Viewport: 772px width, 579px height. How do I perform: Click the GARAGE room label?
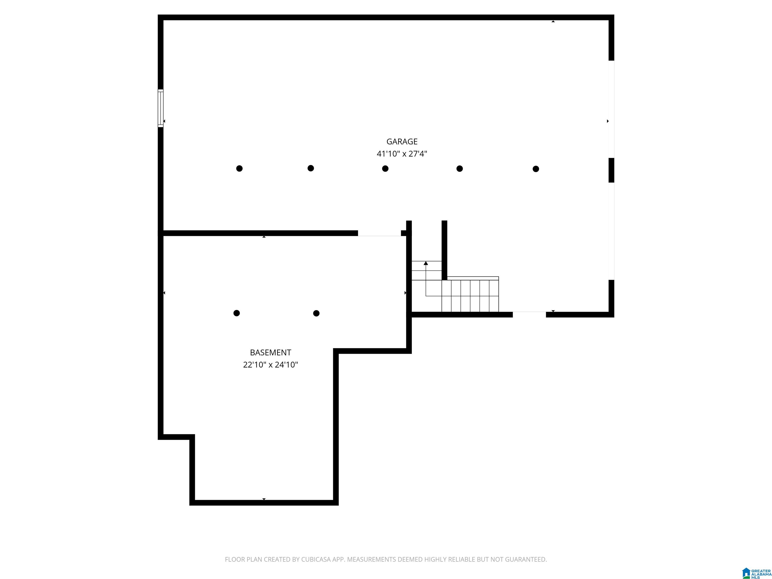402,141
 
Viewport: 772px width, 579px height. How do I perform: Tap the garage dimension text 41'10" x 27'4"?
402,154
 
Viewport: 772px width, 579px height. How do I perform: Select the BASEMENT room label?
270,353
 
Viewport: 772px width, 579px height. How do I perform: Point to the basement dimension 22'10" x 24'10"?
270,365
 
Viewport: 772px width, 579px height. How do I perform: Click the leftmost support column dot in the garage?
239,169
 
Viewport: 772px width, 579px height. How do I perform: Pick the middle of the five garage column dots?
385,169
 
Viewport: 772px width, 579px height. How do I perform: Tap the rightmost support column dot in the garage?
536,169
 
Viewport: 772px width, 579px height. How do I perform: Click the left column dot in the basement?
237,313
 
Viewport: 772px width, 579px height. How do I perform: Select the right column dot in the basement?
316,313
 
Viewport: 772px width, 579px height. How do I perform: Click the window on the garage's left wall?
161,108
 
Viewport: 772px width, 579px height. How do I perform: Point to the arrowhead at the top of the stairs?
426,263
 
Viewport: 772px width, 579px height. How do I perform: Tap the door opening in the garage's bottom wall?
529,314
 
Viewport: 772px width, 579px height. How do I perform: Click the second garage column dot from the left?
311,168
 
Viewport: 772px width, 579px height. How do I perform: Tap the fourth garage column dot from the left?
460,169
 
